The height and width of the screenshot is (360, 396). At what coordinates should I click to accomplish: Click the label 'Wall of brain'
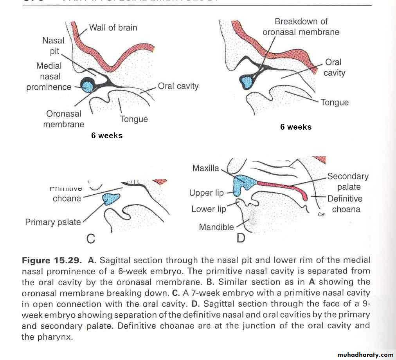coord(113,28)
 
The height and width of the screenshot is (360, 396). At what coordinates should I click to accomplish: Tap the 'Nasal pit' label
coord(54,46)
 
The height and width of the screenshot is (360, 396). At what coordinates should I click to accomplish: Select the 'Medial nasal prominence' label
coord(49,76)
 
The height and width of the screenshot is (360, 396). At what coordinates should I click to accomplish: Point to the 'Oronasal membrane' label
coord(63,119)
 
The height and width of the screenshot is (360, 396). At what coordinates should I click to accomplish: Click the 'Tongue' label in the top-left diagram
coord(134,119)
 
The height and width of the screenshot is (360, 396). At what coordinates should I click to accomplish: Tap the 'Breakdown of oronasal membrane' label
coord(301,27)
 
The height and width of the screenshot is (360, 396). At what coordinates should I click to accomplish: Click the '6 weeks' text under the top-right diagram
coord(296,127)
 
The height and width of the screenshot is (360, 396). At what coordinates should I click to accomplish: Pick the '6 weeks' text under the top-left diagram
coord(107,136)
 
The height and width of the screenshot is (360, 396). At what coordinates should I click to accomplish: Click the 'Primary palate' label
coord(53,222)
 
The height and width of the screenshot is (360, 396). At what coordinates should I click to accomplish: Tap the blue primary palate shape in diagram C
coord(111,199)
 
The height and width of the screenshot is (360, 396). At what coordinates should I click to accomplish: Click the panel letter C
coord(91,238)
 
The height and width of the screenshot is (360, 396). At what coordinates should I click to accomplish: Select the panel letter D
coord(241,237)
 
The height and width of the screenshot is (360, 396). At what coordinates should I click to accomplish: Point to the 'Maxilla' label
coord(206,168)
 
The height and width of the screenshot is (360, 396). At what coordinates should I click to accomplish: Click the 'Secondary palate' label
coord(348,182)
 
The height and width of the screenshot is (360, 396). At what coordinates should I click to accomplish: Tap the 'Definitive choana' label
coord(345,204)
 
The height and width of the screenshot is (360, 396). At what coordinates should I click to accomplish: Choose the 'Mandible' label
coord(216,227)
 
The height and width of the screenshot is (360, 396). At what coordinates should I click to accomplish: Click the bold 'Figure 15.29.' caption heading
coord(52,261)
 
